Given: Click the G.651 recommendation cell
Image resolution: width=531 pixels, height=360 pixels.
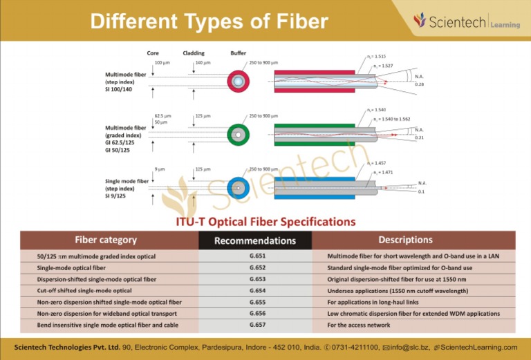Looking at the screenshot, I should point(255,256).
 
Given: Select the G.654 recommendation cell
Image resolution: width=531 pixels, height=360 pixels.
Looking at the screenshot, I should point(255,291).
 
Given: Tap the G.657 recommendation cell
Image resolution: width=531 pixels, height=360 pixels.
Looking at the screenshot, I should point(255,324).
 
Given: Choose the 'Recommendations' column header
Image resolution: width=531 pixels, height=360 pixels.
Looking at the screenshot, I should point(255,240).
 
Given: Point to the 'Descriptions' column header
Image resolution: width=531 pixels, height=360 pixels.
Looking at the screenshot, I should point(405,240).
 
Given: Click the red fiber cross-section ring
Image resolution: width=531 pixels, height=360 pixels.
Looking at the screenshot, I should point(239,82).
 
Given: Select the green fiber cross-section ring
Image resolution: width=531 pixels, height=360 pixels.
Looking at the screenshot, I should point(239,133).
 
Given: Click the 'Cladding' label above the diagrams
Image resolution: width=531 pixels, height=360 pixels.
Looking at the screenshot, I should point(194,53).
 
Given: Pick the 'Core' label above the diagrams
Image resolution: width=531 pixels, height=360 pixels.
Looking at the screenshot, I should point(153,53).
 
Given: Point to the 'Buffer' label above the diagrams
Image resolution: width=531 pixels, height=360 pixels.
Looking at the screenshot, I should point(238,53).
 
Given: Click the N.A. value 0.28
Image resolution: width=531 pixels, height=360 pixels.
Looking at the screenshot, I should point(419,84).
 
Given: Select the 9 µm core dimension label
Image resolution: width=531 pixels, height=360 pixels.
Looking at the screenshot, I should point(160,169).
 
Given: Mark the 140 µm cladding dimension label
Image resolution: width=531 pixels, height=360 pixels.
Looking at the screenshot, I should point(202,63).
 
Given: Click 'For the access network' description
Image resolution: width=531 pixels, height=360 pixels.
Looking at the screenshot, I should point(358,325).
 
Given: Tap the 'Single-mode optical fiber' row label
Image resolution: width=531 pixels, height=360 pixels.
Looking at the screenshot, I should point(71,267).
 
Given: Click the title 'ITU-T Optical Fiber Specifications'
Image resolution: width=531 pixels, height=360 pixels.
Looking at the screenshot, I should point(266,222).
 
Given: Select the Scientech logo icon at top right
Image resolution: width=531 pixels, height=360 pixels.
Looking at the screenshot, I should point(419,20).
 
